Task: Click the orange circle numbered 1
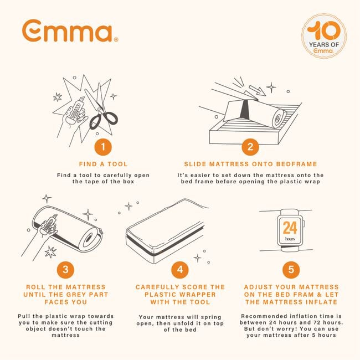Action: pyautogui.click(x=102, y=147)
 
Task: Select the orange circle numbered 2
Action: pyautogui.click(x=250, y=147)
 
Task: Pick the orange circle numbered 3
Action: pyautogui.click(x=66, y=270)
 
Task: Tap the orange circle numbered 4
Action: pyautogui.click(x=179, y=270)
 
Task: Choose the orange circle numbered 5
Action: pyautogui.click(x=291, y=270)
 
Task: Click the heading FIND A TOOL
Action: pyautogui.click(x=102, y=164)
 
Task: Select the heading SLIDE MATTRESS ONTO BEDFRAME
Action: pyautogui.click(x=250, y=164)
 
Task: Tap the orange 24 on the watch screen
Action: pyautogui.click(x=290, y=228)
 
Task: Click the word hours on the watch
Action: pyautogui.click(x=290, y=239)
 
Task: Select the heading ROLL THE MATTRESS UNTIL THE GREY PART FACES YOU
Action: pyautogui.click(x=66, y=295)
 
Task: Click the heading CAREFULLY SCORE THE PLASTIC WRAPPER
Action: pyautogui.click(x=179, y=295)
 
